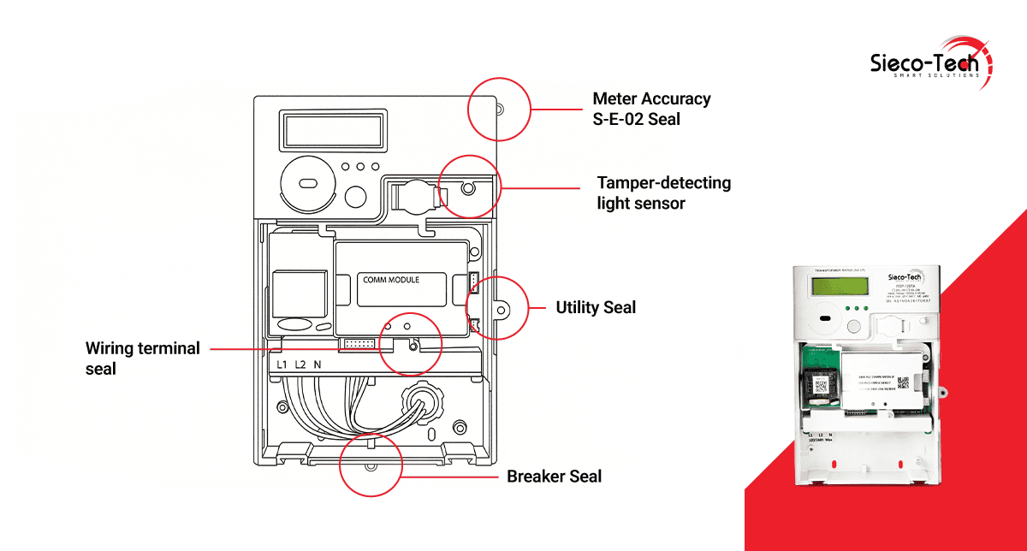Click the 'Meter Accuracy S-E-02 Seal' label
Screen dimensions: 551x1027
click(651, 109)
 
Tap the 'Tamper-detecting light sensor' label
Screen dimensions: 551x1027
click(663, 193)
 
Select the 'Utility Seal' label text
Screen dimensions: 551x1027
click(596, 307)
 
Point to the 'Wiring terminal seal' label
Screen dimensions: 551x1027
click(142, 358)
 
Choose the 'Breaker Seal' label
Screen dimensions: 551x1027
click(554, 477)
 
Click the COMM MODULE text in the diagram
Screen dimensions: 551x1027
click(391, 280)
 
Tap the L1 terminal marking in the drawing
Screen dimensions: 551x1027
click(281, 364)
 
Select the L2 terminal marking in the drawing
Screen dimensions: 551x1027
click(300, 364)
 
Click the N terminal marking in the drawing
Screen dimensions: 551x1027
click(318, 364)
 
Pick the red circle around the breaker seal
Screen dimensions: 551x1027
click(370, 465)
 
